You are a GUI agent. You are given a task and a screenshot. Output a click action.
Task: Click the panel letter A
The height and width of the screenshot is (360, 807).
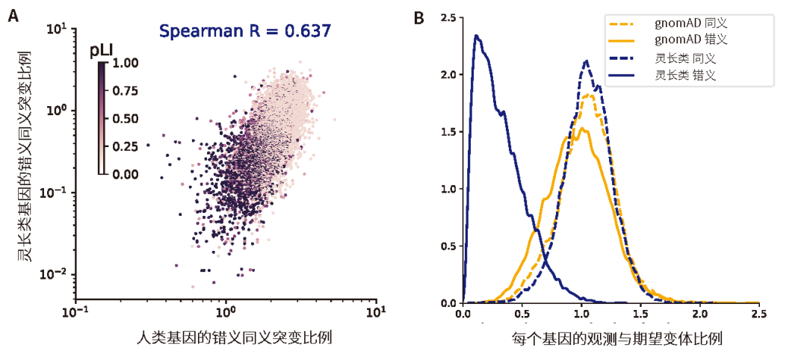[13, 16]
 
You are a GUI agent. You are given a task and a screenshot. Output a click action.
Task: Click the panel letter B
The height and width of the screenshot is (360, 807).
[419, 16]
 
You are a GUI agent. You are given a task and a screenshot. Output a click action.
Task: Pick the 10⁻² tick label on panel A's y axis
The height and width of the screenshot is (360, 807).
[57, 275]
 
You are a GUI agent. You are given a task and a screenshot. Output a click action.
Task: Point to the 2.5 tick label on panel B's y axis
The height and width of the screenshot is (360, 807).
[449, 18]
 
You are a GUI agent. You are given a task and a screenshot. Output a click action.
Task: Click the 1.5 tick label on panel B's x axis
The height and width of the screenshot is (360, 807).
[640, 315]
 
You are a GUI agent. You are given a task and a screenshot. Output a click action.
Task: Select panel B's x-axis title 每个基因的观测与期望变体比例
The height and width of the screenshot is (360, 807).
[611, 339]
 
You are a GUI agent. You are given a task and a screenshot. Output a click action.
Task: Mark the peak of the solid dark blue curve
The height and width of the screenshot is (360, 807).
[476, 35]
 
